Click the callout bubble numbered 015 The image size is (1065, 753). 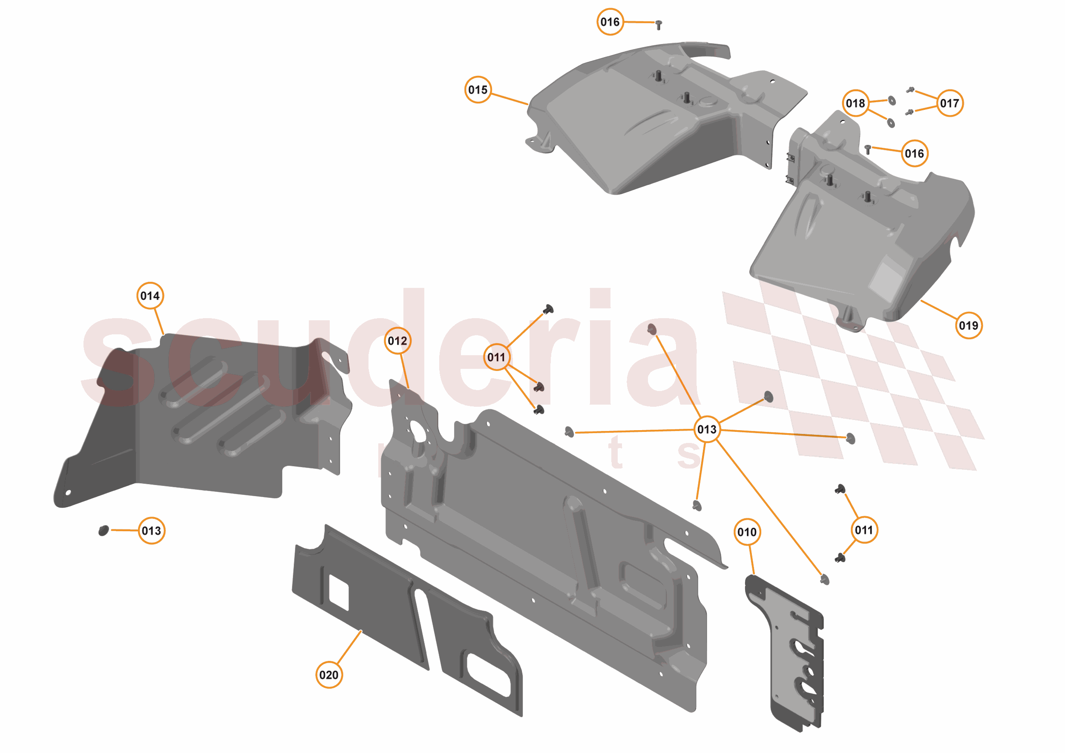point(478,89)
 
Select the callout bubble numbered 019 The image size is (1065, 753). point(969,325)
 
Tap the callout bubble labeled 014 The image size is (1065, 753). point(150,296)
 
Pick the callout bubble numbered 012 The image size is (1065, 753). point(397,341)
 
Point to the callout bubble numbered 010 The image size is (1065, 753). point(747,532)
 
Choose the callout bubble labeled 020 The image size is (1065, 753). point(329,675)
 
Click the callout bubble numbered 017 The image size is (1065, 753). point(950,103)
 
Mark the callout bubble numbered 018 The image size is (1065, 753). point(855,103)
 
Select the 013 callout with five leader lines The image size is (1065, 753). point(706,429)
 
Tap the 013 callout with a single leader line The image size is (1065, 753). point(151,530)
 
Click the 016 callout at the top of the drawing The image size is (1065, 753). point(610,22)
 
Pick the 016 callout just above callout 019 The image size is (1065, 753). point(914,153)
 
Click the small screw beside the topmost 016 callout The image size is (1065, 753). point(658,25)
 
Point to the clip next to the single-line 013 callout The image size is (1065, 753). point(104,530)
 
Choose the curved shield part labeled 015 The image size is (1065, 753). point(649,125)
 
